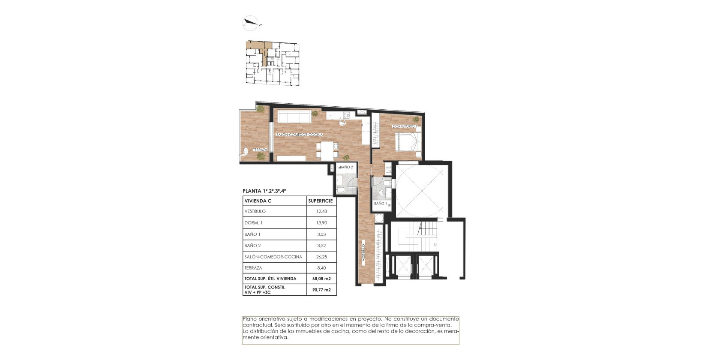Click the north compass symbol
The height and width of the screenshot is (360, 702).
250,23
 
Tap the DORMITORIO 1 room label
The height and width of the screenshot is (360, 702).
405,126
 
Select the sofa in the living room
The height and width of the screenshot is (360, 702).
294,117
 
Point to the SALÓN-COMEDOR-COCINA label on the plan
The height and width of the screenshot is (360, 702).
299,135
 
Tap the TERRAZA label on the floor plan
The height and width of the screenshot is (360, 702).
260,150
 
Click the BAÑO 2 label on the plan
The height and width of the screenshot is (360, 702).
346,167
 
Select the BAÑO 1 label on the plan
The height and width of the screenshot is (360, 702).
380,204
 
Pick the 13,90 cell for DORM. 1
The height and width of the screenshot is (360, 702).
321,223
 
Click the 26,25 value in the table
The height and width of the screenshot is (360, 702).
321,257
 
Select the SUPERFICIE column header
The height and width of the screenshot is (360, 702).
321,201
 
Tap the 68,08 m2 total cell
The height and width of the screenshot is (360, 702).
321,279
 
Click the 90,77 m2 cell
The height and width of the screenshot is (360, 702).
321,290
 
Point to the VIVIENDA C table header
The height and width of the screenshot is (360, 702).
258,201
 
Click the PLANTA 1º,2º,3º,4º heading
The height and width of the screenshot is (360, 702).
264,191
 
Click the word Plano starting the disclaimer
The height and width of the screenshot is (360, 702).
250,319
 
